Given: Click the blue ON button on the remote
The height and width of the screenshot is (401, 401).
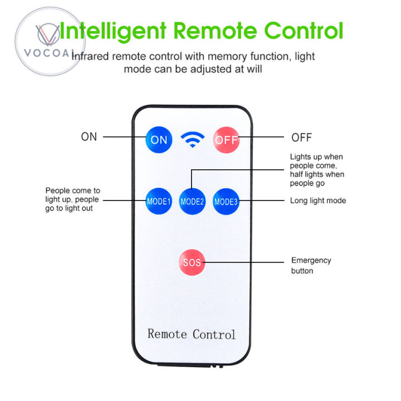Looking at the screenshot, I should [159, 140].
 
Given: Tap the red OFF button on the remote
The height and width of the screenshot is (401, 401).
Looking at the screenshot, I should [226, 140].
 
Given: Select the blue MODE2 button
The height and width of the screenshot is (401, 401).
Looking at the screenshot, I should [192, 202].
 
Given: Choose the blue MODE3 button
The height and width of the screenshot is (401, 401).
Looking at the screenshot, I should [226, 201].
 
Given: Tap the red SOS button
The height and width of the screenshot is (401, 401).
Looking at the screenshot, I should [192, 262].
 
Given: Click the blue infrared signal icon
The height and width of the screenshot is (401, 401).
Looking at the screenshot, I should [193, 140].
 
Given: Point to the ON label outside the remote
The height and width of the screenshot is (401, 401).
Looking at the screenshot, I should [89, 137].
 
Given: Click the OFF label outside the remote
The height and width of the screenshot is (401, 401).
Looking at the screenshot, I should [302, 138].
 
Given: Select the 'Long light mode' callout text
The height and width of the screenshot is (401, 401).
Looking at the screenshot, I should [318, 200].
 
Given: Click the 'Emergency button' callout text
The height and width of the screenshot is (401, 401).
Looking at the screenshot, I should [311, 265].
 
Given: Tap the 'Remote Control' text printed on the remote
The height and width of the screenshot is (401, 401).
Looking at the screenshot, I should [192, 334].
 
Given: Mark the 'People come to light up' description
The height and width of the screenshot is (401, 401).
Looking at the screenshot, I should [73, 199].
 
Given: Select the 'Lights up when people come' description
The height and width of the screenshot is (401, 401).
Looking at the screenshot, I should [317, 170].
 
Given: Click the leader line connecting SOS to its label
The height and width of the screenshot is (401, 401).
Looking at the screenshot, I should [245, 262].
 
